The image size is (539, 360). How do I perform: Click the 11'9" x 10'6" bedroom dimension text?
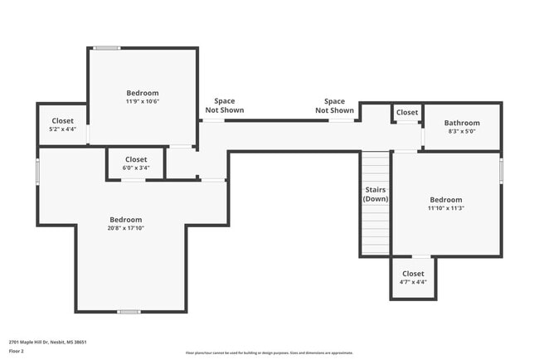tap(143, 102)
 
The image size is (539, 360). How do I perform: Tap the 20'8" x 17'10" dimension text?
tap(126, 228)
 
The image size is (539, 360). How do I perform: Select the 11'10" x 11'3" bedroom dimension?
tap(446, 208)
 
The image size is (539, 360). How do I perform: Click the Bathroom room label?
tap(463, 123)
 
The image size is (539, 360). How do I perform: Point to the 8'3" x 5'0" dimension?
tap(463, 131)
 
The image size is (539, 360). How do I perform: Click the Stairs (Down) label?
tap(376, 194)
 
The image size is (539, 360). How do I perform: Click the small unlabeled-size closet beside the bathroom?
tap(407, 113)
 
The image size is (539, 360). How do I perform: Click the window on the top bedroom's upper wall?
tap(106, 48)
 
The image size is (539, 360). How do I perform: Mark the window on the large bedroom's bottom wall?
tap(128, 312)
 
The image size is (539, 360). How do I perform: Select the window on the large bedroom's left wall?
tap(37, 170)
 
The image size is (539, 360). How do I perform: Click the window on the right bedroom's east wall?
tap(501, 170)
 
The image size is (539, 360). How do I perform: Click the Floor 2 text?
tap(17, 351)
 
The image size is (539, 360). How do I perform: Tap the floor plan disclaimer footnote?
tap(269, 353)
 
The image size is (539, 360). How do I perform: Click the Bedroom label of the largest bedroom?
tap(126, 220)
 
